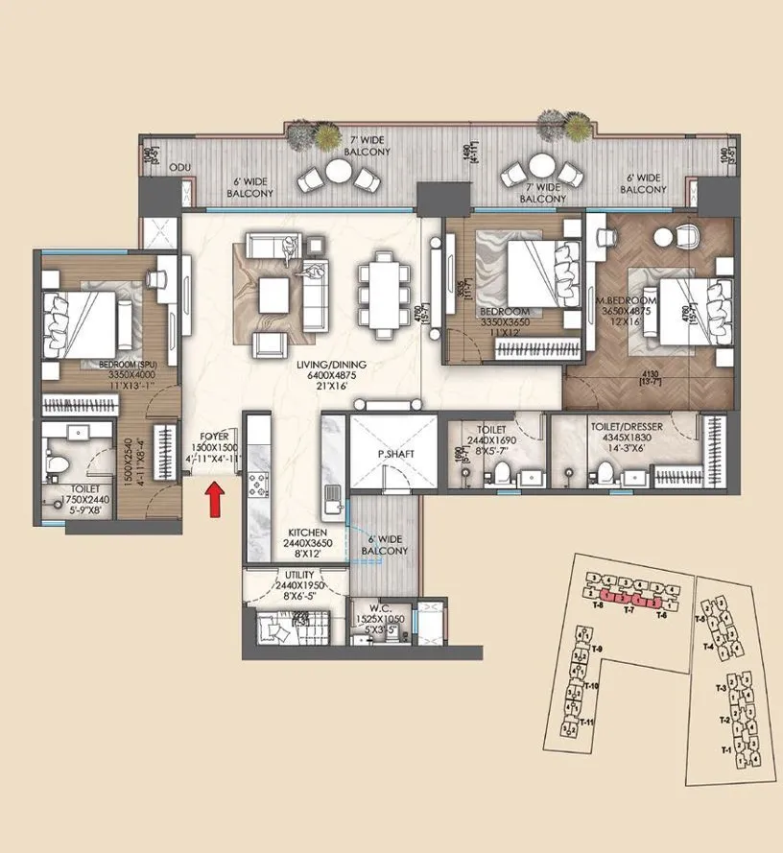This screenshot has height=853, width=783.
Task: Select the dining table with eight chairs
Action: coord(378,285)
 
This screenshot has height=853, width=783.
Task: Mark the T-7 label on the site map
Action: coord(629,609)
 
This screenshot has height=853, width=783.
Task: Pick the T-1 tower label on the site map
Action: coord(725,748)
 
